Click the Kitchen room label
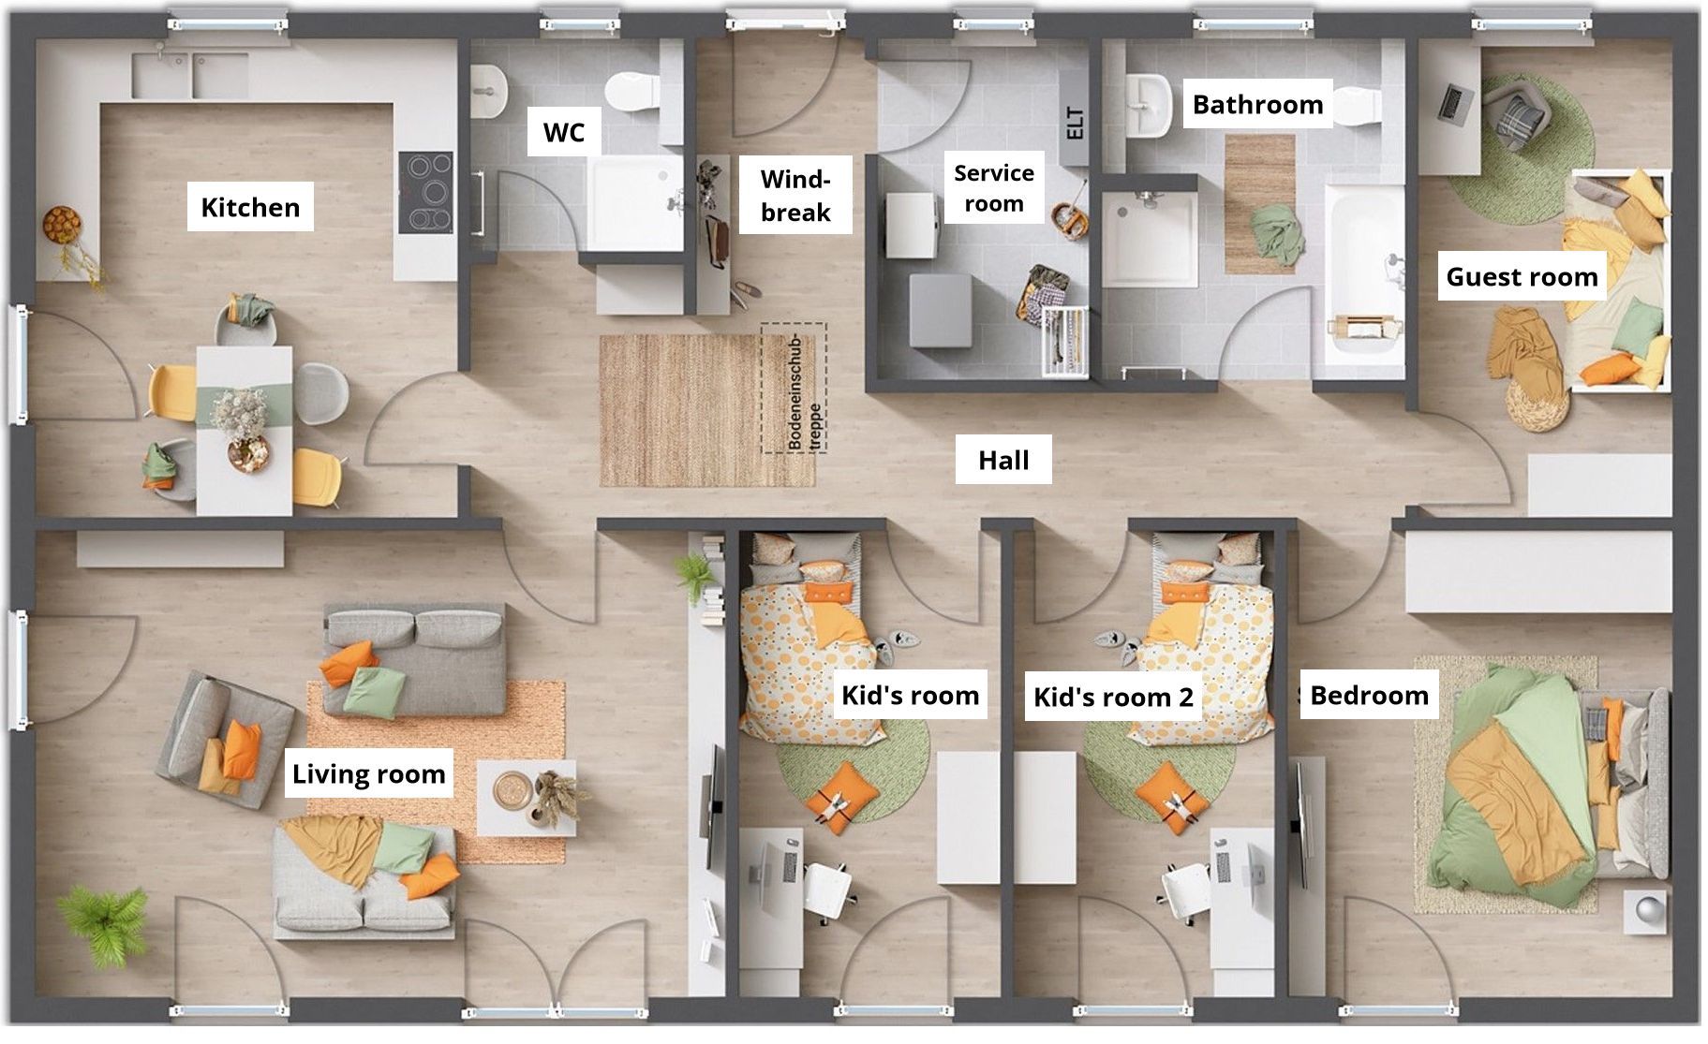pos(250,207)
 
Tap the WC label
pos(564,133)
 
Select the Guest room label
pos(1522,276)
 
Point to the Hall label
pos(1003,460)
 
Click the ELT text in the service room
pos(1075,124)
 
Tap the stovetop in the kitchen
pos(426,193)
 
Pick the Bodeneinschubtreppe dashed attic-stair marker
pos(794,388)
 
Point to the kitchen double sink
pos(190,75)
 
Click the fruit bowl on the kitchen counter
pos(63,225)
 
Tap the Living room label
pos(368,773)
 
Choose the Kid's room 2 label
pos(1113,697)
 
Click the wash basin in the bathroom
pos(1147,106)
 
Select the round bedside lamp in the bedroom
pos(1651,909)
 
